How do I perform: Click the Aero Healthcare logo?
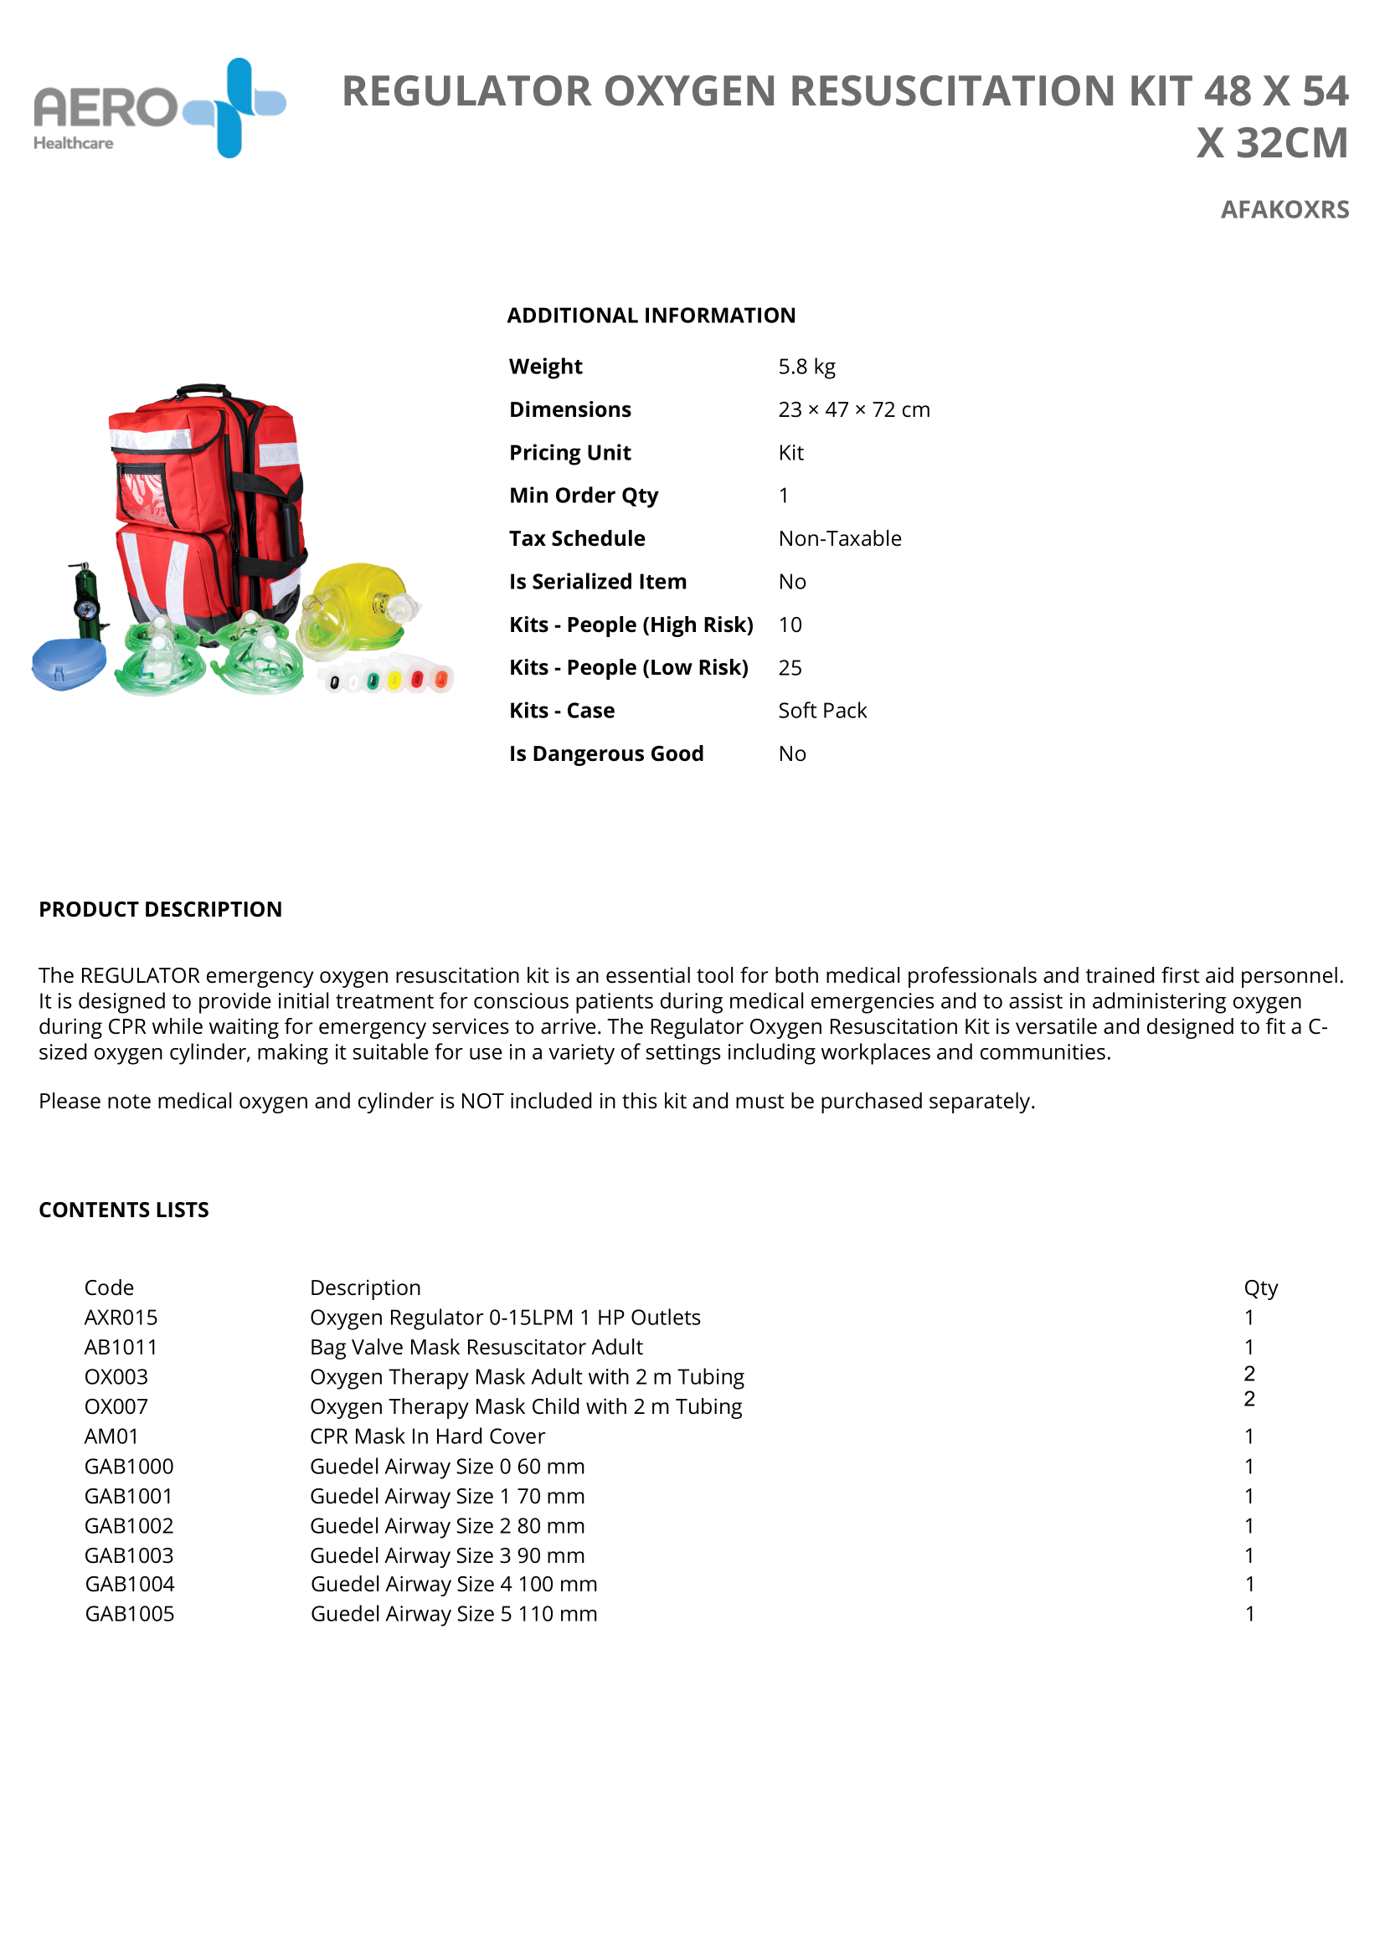click(x=159, y=109)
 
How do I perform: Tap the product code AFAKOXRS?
click(x=1284, y=210)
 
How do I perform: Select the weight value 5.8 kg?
click(x=806, y=367)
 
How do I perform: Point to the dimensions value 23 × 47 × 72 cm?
click(x=852, y=410)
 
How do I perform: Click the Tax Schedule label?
click(x=576, y=539)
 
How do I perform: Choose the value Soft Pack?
click(x=822, y=712)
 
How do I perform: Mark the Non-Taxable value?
click(x=839, y=539)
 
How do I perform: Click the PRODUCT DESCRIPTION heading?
click(x=160, y=910)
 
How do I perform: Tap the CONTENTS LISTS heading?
click(x=124, y=1210)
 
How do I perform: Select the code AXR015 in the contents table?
click(x=121, y=1318)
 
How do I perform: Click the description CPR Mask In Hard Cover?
click(x=427, y=1437)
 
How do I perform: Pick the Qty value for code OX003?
click(x=1249, y=1374)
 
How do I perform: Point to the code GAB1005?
click(x=130, y=1614)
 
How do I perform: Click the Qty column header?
click(x=1259, y=1287)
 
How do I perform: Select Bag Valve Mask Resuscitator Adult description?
click(x=476, y=1348)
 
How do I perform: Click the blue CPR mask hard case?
click(x=68, y=665)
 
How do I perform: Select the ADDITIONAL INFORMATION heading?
click(x=651, y=316)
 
